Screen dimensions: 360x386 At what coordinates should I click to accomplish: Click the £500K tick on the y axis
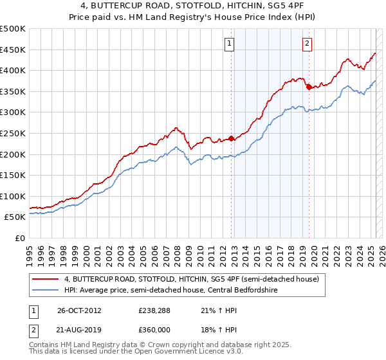[x=13, y=29]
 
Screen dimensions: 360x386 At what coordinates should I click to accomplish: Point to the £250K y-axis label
[x=13, y=133]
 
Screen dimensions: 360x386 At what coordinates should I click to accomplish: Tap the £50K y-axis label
[x=15, y=217]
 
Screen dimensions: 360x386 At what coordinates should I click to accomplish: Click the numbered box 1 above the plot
[x=229, y=44]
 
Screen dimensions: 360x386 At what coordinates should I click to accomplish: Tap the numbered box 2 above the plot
[x=307, y=44]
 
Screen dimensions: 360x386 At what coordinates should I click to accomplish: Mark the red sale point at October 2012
[x=232, y=138]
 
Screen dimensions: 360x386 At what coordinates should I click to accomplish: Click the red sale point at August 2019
[x=309, y=87]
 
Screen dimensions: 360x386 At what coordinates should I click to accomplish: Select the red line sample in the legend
[x=45, y=279]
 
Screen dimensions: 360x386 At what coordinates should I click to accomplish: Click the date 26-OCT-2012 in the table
[x=79, y=310]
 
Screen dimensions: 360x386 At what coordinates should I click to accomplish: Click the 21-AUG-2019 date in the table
[x=79, y=330]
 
